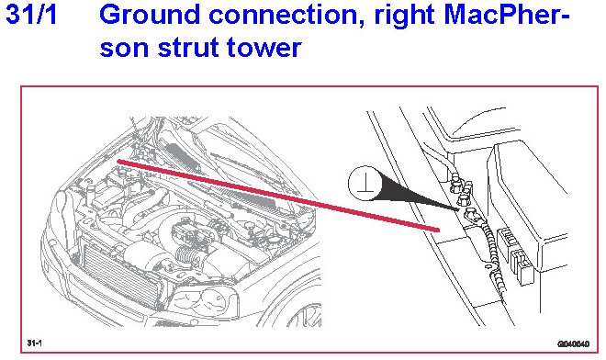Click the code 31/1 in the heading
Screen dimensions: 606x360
pos(32,15)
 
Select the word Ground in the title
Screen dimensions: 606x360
pos(150,15)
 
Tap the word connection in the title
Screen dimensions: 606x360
pos(286,15)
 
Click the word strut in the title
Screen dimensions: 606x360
pos(188,48)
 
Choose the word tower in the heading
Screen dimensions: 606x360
pos(264,48)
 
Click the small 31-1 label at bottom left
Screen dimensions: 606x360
pos(34,343)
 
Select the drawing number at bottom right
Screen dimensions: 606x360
pos(574,343)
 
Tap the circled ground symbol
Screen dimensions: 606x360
pos(365,184)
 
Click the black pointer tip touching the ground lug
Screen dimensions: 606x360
pos(458,210)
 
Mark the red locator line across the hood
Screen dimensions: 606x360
pos(278,196)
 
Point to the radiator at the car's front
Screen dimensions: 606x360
pos(119,274)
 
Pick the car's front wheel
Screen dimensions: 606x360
pos(306,313)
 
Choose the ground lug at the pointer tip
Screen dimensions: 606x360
pos(470,213)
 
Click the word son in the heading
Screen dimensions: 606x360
pos(124,49)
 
